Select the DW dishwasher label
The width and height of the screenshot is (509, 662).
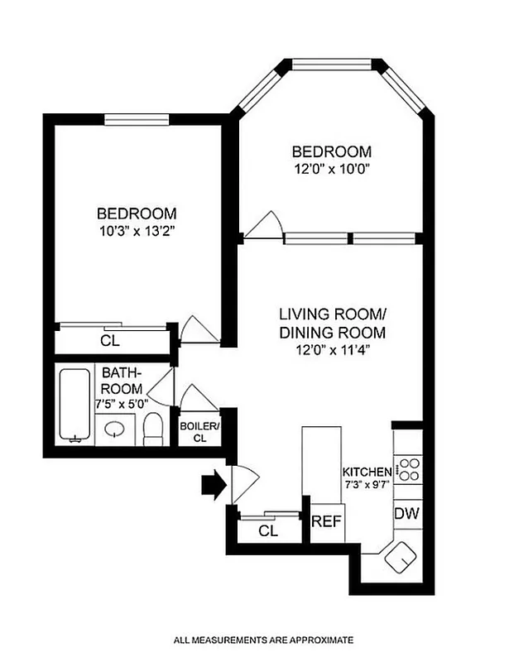(406, 514)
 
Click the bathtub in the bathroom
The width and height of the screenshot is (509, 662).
(74, 405)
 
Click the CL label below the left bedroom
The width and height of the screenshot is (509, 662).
(108, 340)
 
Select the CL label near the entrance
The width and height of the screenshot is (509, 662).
(267, 530)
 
